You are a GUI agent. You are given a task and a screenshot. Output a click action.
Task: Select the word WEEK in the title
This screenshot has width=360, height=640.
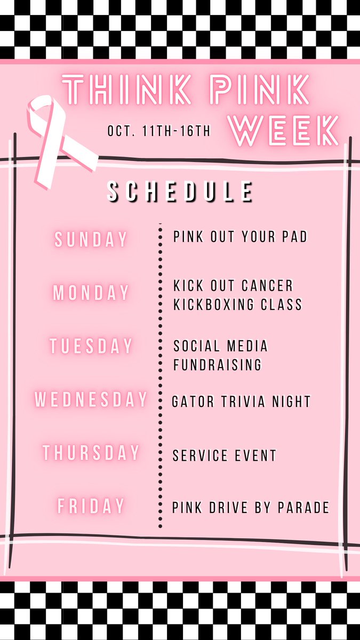(x=285, y=131)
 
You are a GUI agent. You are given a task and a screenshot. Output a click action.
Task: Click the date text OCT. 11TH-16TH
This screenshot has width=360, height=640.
(x=159, y=131)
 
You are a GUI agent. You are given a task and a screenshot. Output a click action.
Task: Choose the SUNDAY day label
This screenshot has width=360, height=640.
(x=91, y=239)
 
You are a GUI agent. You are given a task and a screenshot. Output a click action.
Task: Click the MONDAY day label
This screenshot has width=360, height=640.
(x=91, y=293)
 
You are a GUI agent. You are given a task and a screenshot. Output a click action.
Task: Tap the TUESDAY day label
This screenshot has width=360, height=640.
(x=91, y=346)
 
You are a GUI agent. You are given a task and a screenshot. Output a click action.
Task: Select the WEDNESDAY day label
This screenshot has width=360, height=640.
(x=91, y=399)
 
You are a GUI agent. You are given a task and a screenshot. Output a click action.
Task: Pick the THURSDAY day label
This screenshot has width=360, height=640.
(x=91, y=453)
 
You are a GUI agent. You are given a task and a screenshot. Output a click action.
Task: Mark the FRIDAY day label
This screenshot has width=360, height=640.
(x=91, y=506)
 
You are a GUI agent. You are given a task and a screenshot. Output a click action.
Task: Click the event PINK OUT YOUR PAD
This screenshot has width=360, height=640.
(x=241, y=237)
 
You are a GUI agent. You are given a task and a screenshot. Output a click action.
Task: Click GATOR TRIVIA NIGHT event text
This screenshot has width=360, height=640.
(x=241, y=402)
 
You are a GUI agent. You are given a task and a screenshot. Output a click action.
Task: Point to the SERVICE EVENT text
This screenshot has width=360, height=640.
(x=225, y=456)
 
